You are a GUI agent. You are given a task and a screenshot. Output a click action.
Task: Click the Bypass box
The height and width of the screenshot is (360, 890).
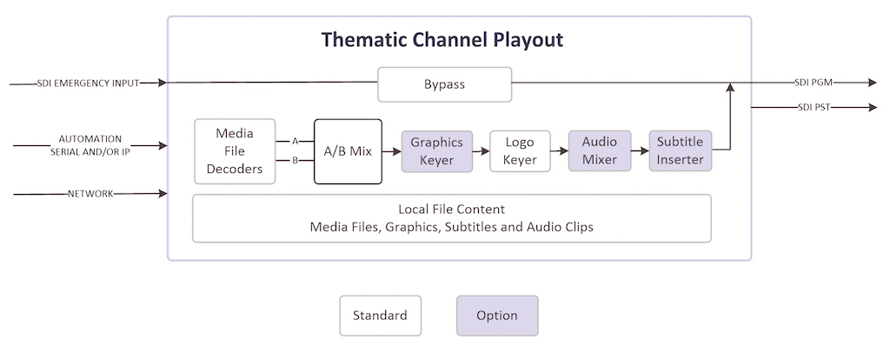(444, 84)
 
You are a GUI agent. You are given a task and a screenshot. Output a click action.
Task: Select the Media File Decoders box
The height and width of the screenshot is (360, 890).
(235, 151)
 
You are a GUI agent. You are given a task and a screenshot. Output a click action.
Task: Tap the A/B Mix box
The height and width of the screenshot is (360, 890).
(348, 151)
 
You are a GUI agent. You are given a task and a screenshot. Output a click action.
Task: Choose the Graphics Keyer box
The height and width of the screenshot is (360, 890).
(437, 151)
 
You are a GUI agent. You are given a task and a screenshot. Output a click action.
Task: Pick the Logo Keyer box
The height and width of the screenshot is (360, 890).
(520, 151)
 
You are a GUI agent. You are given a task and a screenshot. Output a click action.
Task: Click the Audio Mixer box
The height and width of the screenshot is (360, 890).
(600, 151)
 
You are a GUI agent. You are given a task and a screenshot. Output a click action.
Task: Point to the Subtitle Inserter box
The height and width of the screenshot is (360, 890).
(680, 151)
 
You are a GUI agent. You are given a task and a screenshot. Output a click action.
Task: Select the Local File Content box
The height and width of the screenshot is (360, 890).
(452, 218)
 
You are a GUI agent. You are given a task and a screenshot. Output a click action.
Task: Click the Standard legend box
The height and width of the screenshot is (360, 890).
(381, 316)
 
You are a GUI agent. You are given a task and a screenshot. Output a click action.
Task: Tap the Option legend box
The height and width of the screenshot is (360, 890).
(497, 316)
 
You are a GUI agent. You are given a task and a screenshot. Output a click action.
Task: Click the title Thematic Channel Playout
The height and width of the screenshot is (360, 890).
(442, 40)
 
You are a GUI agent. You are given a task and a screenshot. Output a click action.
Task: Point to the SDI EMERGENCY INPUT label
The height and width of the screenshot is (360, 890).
(88, 83)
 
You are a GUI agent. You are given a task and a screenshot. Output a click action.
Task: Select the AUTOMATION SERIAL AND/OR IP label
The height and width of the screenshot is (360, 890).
(90, 145)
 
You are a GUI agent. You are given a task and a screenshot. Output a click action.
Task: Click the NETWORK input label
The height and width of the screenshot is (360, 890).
(90, 194)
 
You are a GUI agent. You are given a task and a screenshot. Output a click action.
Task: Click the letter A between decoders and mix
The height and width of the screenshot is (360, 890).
(296, 141)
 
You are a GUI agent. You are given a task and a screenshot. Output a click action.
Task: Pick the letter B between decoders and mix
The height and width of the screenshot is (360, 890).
(296, 161)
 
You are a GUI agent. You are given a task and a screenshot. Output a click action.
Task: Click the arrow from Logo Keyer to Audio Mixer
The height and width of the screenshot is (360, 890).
(560, 151)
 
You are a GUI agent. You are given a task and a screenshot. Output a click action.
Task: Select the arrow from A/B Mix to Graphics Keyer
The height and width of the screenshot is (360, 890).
(392, 151)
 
